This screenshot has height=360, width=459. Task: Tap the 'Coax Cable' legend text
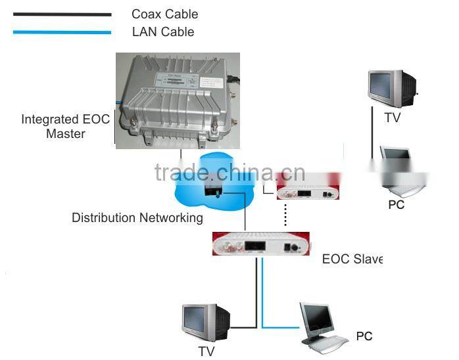click(x=164, y=14)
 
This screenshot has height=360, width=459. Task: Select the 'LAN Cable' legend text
click(x=162, y=31)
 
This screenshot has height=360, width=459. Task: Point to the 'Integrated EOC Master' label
click(x=65, y=126)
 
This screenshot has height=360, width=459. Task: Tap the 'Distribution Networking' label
click(x=137, y=218)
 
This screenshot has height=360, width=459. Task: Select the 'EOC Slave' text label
click(x=352, y=259)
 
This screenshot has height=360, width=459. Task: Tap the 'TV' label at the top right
click(x=392, y=118)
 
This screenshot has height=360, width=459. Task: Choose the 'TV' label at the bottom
click(x=206, y=351)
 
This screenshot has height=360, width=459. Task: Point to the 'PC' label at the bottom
click(x=364, y=336)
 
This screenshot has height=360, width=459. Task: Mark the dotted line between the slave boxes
click(x=285, y=215)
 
